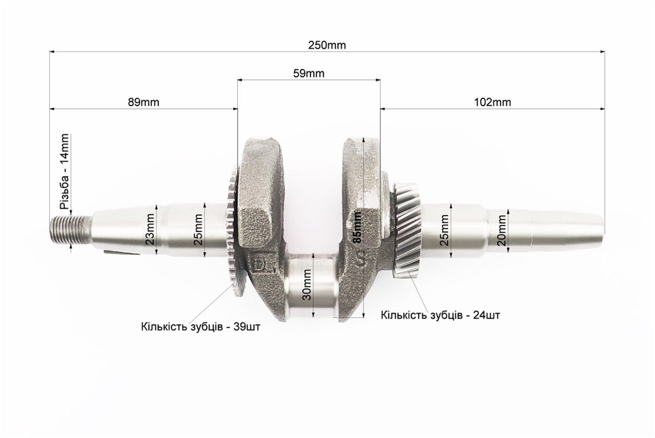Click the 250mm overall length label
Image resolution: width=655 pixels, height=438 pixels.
coord(327,45)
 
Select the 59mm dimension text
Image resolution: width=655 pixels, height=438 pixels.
coord(308,73)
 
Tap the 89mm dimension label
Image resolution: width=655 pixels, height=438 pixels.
coord(143,102)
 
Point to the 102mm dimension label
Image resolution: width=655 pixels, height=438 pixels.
coord(492,102)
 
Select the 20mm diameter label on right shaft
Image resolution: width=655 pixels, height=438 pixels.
coord(501,229)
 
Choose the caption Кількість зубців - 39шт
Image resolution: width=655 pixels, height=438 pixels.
coord(200,326)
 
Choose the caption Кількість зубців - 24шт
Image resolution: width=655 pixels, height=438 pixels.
coord(441,315)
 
